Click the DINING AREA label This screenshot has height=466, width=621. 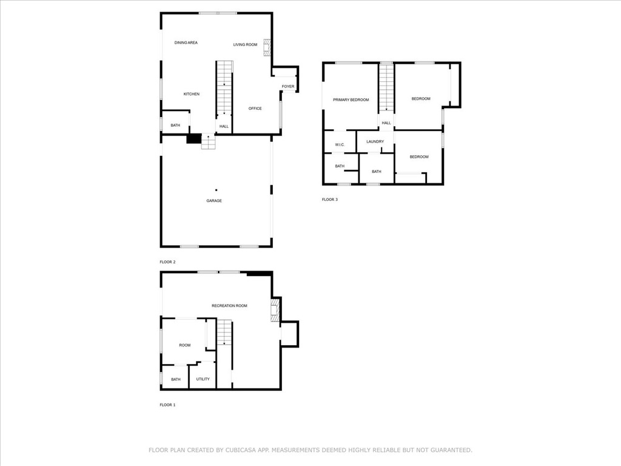coord(186,42)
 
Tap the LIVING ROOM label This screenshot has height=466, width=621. coord(245,44)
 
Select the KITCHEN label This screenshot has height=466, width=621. coord(191,94)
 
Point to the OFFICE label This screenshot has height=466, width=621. coord(255,108)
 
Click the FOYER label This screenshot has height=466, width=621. coord(288,86)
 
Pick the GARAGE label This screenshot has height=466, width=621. coord(214,201)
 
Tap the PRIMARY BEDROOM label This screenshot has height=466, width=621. coord(351,100)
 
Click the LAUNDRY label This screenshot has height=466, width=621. coord(375,141)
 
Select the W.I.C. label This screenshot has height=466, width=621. coord(340,144)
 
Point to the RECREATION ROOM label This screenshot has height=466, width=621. coord(229,306)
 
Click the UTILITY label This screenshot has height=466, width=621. coord(203,379)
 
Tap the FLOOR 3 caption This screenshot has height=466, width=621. coord(329,199)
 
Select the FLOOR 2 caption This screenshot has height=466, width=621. coord(167,262)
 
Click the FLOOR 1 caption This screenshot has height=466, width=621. coord(167,405)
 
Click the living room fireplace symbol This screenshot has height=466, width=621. coord(267,47)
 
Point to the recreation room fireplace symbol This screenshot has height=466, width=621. coord(275,310)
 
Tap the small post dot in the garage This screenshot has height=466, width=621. coord(217,190)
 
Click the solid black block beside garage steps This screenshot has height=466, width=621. coord(193,139)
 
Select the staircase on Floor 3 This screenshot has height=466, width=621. coord(386,88)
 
